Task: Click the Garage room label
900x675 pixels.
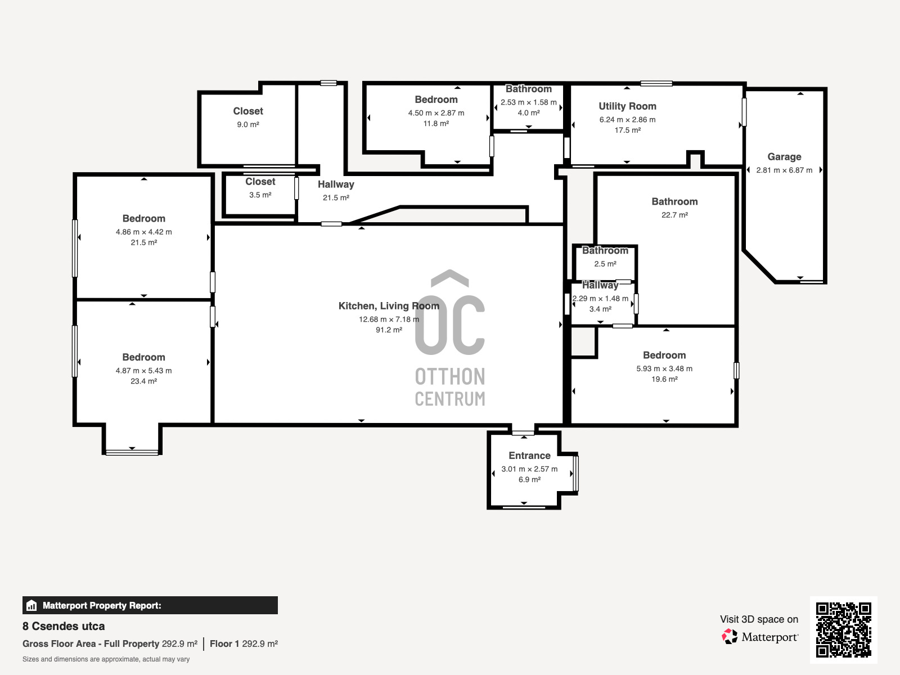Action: [x=784, y=156]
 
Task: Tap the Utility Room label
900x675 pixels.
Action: [x=627, y=106]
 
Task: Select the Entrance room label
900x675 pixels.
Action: [x=529, y=455]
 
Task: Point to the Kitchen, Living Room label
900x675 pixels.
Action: [x=389, y=306]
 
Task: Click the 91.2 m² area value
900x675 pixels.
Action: [x=389, y=330]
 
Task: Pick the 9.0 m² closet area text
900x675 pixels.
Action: [x=248, y=124]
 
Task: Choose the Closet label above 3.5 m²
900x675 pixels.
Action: [x=260, y=182]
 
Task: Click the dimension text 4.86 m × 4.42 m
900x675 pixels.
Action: [x=143, y=232]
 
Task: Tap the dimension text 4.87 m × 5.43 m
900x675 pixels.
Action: [x=143, y=371]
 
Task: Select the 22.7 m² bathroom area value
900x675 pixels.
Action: [x=674, y=215]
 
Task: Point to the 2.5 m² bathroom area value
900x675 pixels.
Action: [x=605, y=263]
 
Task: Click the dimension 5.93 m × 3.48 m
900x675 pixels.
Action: [x=664, y=368]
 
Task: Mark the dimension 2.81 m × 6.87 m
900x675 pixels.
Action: [x=784, y=170]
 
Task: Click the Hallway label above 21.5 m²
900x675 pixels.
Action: [x=336, y=184]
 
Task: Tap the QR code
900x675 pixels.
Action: [x=843, y=629]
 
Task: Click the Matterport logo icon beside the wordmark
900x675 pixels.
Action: [x=730, y=637]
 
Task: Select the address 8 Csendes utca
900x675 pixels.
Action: [x=64, y=626]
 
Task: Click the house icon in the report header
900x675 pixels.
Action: [x=31, y=605]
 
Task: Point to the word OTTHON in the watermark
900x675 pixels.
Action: [x=450, y=377]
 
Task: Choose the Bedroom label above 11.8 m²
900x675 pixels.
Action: [x=436, y=100]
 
